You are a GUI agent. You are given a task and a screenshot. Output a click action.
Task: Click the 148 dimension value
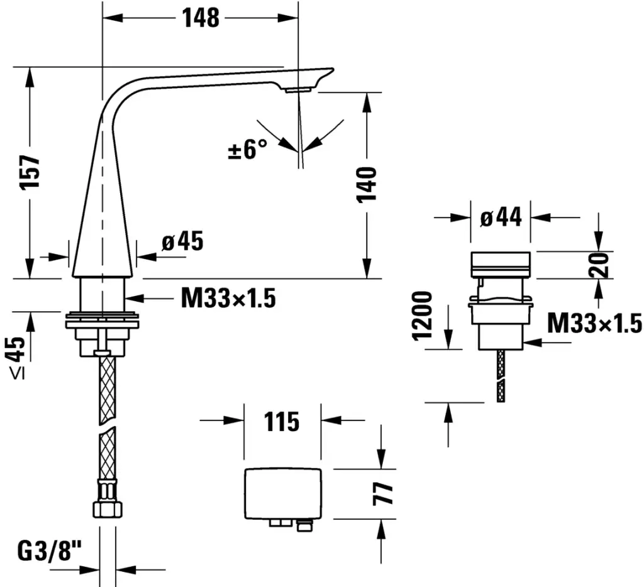(201, 18)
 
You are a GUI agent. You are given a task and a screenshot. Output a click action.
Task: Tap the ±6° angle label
(248, 150)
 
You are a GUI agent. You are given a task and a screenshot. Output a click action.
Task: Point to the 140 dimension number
(367, 184)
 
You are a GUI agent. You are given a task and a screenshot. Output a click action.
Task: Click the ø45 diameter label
(182, 241)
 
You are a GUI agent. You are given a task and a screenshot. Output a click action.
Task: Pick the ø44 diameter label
(501, 217)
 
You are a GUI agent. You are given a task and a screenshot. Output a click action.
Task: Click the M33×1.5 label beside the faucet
(228, 299)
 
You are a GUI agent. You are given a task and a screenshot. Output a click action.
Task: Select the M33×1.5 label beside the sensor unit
(594, 324)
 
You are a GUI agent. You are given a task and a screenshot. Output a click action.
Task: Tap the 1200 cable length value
(423, 315)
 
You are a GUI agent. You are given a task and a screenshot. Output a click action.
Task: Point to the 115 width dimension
(282, 421)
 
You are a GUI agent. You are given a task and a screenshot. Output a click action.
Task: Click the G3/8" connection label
(50, 554)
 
